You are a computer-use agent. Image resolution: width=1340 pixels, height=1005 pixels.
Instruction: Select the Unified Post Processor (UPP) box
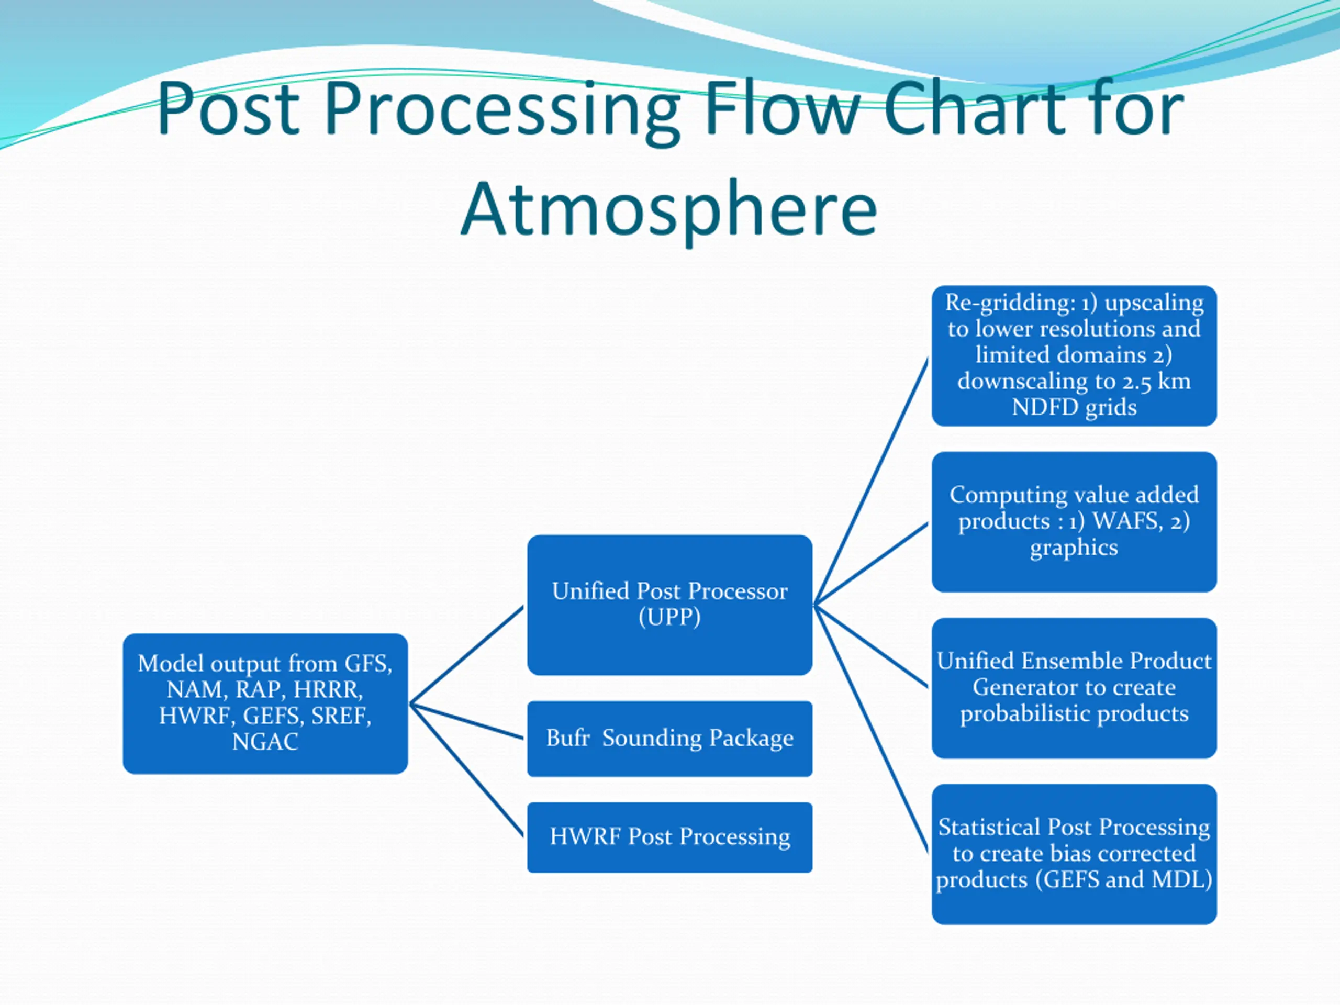(669, 605)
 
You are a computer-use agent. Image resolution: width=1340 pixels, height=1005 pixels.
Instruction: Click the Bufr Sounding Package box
(669, 739)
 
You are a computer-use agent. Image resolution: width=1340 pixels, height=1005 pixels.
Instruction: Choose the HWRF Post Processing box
(669, 837)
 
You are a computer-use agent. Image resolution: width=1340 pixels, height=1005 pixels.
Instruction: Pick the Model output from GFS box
(265, 703)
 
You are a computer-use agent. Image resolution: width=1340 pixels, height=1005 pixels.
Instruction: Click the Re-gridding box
(1074, 355)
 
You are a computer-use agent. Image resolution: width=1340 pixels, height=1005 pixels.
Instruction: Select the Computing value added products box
(1074, 521)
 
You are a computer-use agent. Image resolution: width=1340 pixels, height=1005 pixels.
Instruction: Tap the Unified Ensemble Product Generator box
(1074, 688)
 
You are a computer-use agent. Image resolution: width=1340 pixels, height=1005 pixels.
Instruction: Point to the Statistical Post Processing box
(1074, 854)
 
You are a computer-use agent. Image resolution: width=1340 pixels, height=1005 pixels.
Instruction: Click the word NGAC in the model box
(265, 742)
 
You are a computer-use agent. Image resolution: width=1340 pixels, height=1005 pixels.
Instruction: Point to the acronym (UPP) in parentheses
(669, 617)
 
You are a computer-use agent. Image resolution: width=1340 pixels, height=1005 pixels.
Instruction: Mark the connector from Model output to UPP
(466, 655)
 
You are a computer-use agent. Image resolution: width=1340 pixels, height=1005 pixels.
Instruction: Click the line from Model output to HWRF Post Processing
(466, 770)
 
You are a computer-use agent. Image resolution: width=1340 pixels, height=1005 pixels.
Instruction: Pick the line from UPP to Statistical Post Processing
(871, 729)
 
